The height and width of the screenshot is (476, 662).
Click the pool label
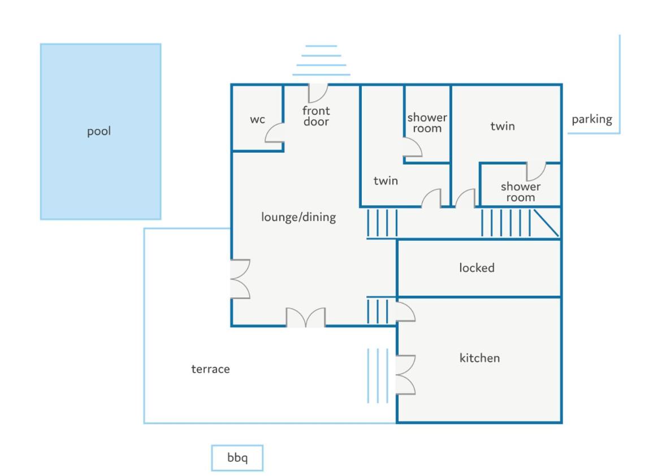pyautogui.click(x=99, y=131)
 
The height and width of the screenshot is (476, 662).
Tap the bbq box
pyautogui.click(x=237, y=458)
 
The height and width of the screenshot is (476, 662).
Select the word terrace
pyautogui.click(x=210, y=369)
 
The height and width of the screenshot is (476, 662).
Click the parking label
pyautogui.click(x=592, y=119)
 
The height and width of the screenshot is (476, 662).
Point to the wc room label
pyautogui.click(x=258, y=119)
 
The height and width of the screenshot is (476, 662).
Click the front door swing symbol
pyautogui.click(x=318, y=93)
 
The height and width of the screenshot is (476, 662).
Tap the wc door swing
pyautogui.click(x=274, y=133)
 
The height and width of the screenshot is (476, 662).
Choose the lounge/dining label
pyautogui.click(x=298, y=217)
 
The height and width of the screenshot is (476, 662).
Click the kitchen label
pyautogui.click(x=479, y=358)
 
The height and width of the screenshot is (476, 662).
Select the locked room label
pyautogui.click(x=477, y=268)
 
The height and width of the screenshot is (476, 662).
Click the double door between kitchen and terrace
pyautogui.click(x=405, y=375)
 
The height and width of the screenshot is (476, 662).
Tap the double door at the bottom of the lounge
pyautogui.click(x=306, y=318)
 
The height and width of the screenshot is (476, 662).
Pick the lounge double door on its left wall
pyautogui.click(x=240, y=279)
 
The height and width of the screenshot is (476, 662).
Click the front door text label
pyautogui.click(x=316, y=116)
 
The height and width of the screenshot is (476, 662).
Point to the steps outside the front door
pyautogui.click(x=321, y=60)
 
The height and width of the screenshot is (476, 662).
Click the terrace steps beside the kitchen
pyautogui.click(x=378, y=375)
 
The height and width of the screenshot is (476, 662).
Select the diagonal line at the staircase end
pyautogui.click(x=546, y=223)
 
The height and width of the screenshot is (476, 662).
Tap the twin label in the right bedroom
pyautogui.click(x=503, y=126)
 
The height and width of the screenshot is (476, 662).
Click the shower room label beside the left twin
pyautogui.click(x=427, y=123)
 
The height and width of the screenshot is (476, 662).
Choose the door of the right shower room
pyautogui.click(x=536, y=171)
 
